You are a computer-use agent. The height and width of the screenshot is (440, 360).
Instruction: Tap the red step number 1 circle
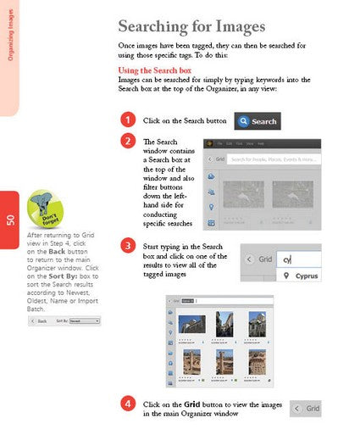[x=127, y=120]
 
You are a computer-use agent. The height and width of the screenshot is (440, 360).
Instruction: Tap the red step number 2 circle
[x=127, y=141]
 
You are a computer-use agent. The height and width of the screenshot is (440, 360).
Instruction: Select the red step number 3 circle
[x=127, y=246]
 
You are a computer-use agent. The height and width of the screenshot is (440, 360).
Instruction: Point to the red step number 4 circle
[x=127, y=404]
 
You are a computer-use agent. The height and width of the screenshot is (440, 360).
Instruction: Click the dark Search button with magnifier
[x=258, y=121]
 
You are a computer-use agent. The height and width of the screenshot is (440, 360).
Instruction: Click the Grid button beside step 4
[x=307, y=409]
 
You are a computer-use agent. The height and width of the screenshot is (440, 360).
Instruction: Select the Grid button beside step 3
[x=259, y=259]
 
